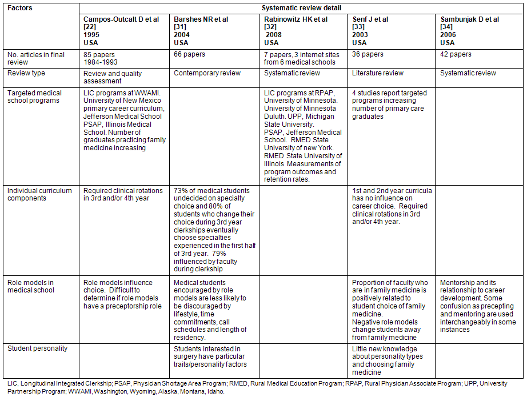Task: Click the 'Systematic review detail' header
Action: [301, 8]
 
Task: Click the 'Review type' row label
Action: [26, 73]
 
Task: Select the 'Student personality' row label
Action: [37, 348]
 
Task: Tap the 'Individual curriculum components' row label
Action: [39, 194]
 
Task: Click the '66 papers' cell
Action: [189, 55]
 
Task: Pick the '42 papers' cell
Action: [456, 55]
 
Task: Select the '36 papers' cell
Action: [368, 55]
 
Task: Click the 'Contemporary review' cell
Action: [207, 73]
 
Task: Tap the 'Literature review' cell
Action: [378, 73]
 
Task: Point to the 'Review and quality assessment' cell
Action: [113, 77]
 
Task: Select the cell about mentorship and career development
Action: [478, 306]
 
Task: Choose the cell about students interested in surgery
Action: [210, 356]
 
